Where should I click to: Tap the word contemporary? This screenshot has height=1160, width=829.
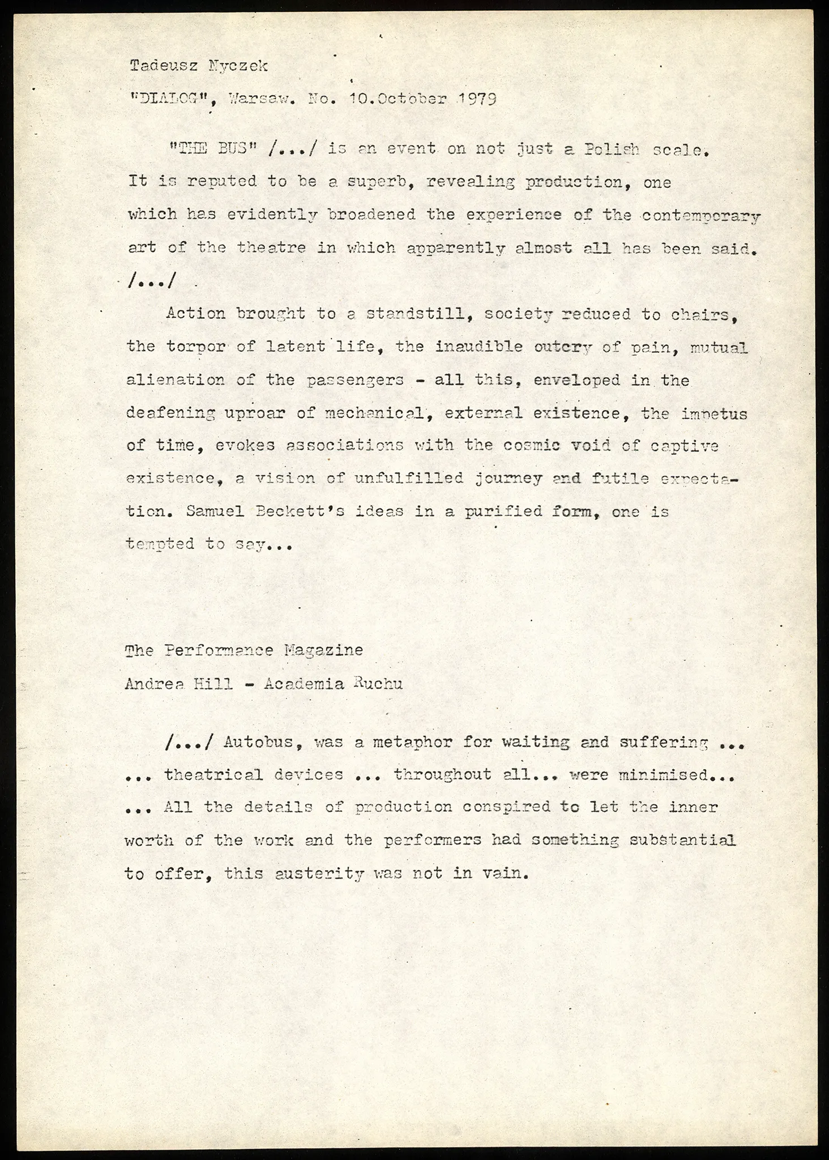coord(700,215)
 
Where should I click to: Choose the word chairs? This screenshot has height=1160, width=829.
coord(704,314)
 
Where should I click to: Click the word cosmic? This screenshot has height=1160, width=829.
coord(524,446)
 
